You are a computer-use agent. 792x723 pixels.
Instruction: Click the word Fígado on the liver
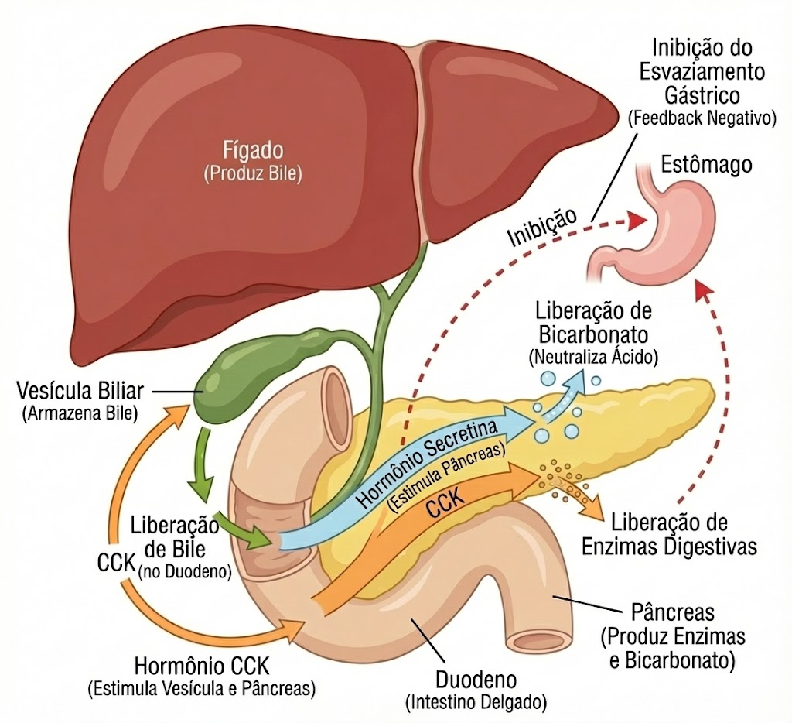coord(253,151)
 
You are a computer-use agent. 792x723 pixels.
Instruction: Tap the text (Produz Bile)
coord(253,174)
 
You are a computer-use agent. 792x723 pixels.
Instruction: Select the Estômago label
coord(707,164)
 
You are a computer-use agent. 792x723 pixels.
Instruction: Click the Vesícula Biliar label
coord(80,391)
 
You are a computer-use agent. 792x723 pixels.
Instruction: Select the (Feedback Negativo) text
coord(702,118)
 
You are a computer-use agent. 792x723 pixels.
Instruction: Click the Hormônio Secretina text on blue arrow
coord(427,463)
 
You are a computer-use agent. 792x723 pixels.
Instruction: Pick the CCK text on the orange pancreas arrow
coord(445,502)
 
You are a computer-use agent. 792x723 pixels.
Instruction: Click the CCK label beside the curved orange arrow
coord(117,562)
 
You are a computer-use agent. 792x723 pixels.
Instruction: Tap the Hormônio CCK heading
coord(202,666)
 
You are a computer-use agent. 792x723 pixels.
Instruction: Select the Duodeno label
coord(476,680)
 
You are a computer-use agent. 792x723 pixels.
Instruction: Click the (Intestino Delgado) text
coord(476,702)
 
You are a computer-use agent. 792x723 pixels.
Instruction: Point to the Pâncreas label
coord(673,612)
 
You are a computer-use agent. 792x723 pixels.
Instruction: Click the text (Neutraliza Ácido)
coord(593,358)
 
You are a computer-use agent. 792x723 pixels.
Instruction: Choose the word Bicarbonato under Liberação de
coord(593,334)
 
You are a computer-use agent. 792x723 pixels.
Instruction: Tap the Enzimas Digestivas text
coord(669,547)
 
